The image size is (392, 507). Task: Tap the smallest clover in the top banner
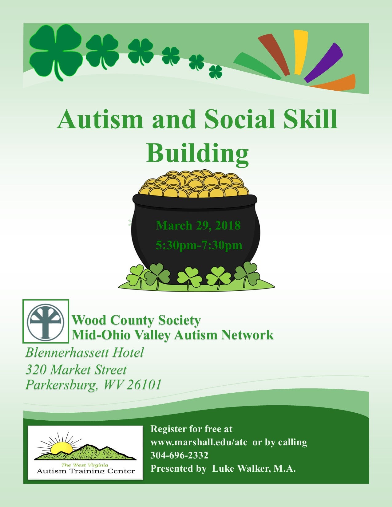pyautogui.click(x=216, y=72)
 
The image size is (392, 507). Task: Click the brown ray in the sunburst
pyautogui.click(x=274, y=55)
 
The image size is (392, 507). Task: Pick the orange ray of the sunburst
pyautogui.click(x=334, y=82)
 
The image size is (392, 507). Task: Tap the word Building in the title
pyautogui.click(x=197, y=153)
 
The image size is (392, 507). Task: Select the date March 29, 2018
pyautogui.click(x=198, y=226)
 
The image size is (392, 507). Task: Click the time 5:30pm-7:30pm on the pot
pyautogui.click(x=199, y=246)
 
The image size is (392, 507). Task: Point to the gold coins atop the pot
pyautogui.click(x=193, y=184)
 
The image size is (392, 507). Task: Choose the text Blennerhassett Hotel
pyautogui.click(x=85, y=352)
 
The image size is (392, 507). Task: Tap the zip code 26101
pyautogui.click(x=144, y=384)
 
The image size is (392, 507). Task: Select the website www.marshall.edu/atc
pyautogui.click(x=199, y=442)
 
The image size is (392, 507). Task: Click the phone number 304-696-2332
pyautogui.click(x=179, y=455)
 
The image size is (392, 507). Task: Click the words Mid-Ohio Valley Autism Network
pyautogui.click(x=172, y=335)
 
